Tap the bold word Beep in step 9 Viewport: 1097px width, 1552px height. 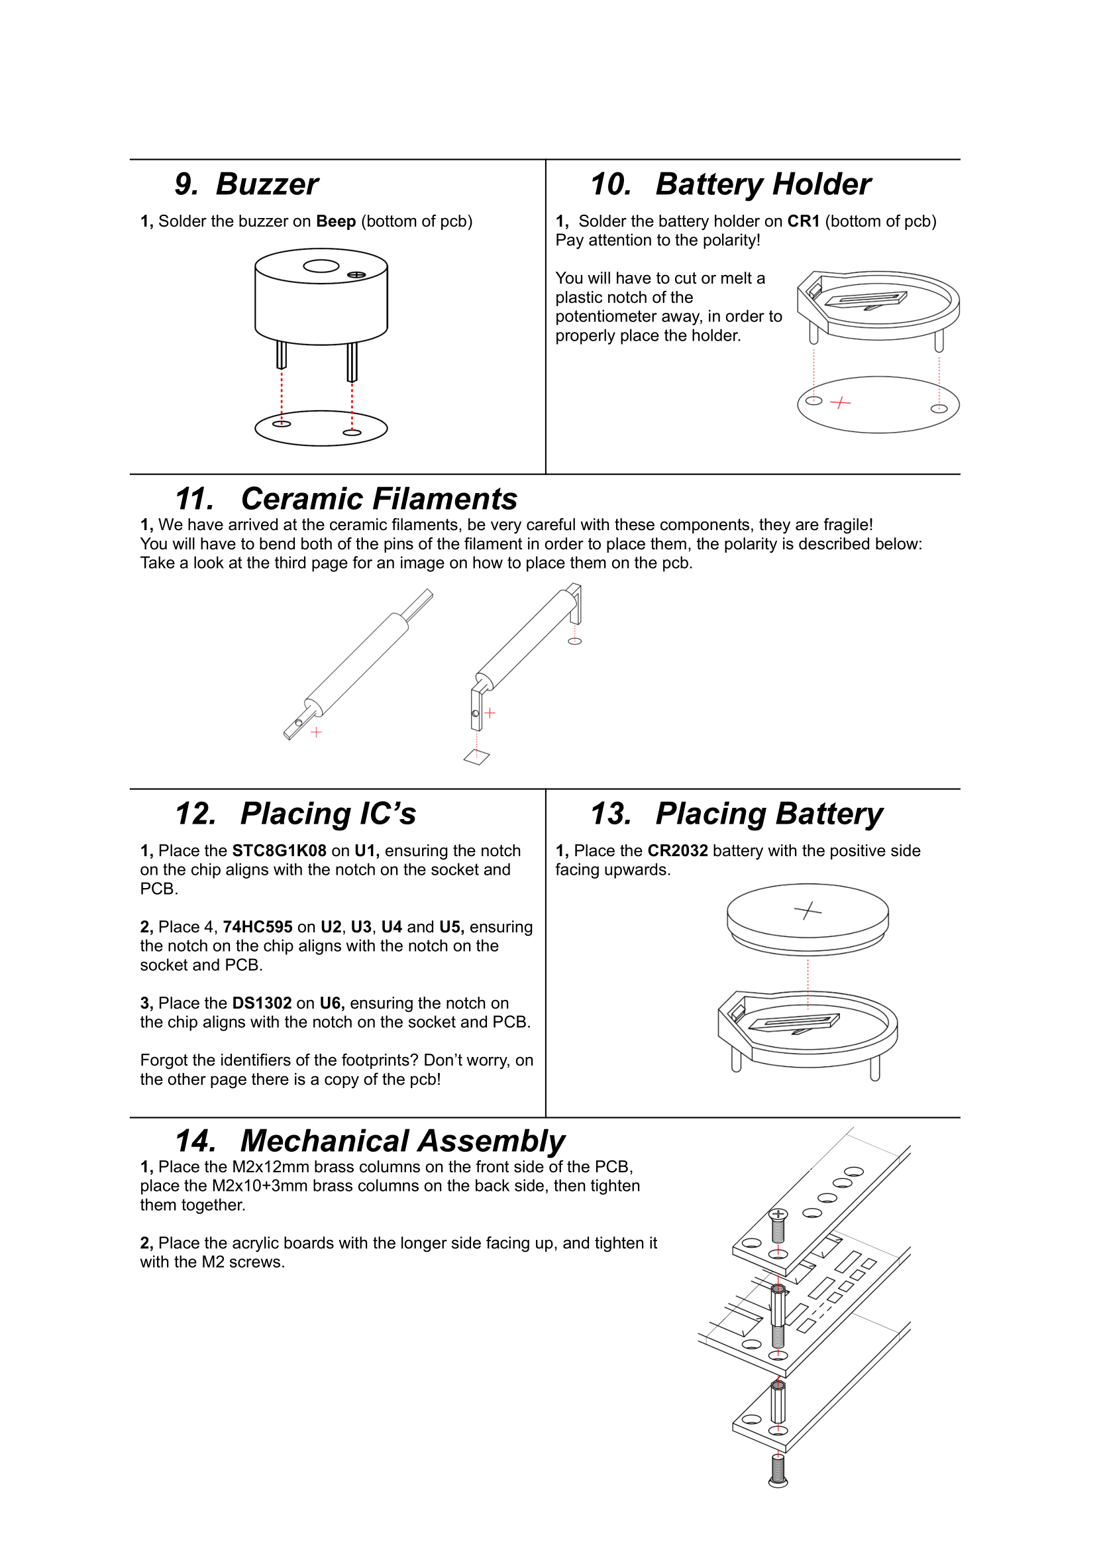[x=335, y=221]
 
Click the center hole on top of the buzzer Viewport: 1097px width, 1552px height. [x=321, y=266]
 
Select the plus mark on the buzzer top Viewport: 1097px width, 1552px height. [x=356, y=274]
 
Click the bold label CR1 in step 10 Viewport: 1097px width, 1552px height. [x=803, y=221]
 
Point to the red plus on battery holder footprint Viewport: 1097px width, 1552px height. [x=839, y=403]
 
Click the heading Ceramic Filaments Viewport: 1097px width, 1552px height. [x=378, y=499]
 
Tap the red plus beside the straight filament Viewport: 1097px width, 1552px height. [x=315, y=732]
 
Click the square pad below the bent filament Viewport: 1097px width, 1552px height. [x=476, y=757]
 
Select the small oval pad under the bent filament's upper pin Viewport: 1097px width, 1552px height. [x=574, y=641]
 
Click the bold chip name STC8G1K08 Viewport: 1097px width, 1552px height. [x=279, y=850]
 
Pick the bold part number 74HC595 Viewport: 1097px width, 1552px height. [x=258, y=926]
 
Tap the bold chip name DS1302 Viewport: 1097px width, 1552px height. [x=262, y=1003]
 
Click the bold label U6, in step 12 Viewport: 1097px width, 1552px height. [x=332, y=1003]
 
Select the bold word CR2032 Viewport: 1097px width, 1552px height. [x=677, y=850]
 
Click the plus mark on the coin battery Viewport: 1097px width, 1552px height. [x=807, y=911]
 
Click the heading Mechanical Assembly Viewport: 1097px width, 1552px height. [x=402, y=1141]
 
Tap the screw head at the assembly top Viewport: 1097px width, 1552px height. [x=778, y=1215]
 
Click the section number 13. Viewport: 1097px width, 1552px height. [x=610, y=813]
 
